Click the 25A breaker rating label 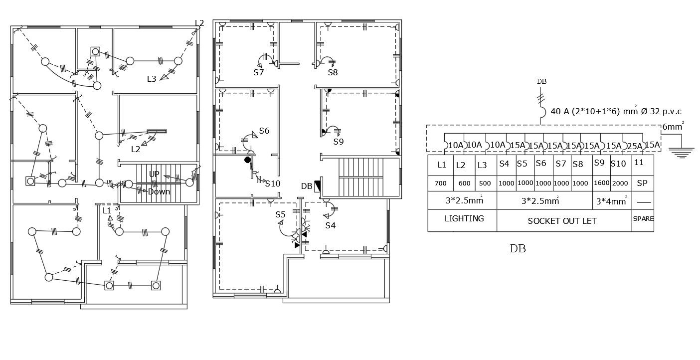[x=634, y=146]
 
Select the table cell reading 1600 [x=601, y=183]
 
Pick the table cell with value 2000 [x=620, y=183]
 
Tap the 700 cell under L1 [x=440, y=183]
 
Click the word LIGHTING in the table [x=464, y=218]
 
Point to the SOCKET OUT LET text [x=562, y=221]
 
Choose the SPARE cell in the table [x=643, y=219]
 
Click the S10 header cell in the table [x=618, y=164]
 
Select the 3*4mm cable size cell [x=611, y=202]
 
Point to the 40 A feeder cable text [x=616, y=112]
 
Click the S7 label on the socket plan [x=258, y=72]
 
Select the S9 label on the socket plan [x=339, y=142]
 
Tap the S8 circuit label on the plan [x=333, y=72]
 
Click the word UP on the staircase [x=154, y=174]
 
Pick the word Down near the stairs [x=159, y=191]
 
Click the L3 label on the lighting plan [x=152, y=79]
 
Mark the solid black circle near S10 [x=247, y=160]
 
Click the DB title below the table [x=518, y=248]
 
